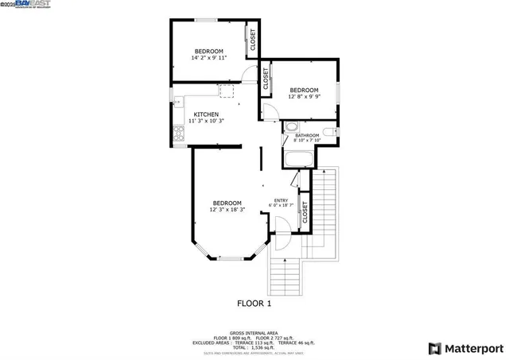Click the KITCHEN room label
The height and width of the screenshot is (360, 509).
click(206, 114)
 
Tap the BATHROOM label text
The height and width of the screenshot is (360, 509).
click(307, 136)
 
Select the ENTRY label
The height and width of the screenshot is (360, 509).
click(281, 200)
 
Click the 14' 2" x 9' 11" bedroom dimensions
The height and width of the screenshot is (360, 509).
click(209, 58)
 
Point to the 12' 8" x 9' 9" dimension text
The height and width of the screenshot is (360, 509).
click(304, 97)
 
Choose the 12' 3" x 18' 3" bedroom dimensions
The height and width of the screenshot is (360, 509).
click(227, 210)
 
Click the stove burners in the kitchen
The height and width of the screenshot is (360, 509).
click(179, 134)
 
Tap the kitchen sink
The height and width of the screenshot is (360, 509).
click(178, 102)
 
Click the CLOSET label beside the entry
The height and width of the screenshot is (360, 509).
click(305, 212)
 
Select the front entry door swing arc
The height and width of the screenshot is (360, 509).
click(281, 238)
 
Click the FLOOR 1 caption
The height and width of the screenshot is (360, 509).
click(254, 304)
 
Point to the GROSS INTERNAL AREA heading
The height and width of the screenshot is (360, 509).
click(254, 332)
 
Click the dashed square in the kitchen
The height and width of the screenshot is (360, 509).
click(227, 91)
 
